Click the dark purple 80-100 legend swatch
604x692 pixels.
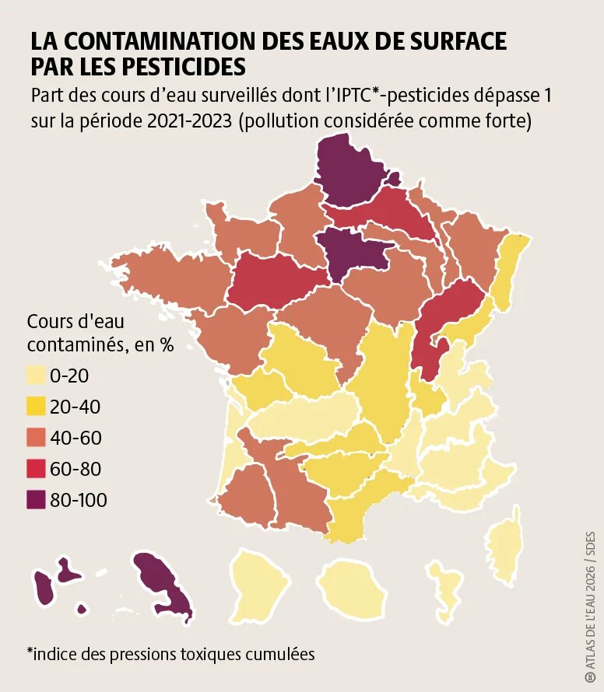point(37,501)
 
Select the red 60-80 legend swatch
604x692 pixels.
point(37,470)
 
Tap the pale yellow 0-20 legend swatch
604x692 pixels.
point(37,376)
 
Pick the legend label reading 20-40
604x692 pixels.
point(75,407)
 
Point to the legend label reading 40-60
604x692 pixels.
point(75,439)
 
